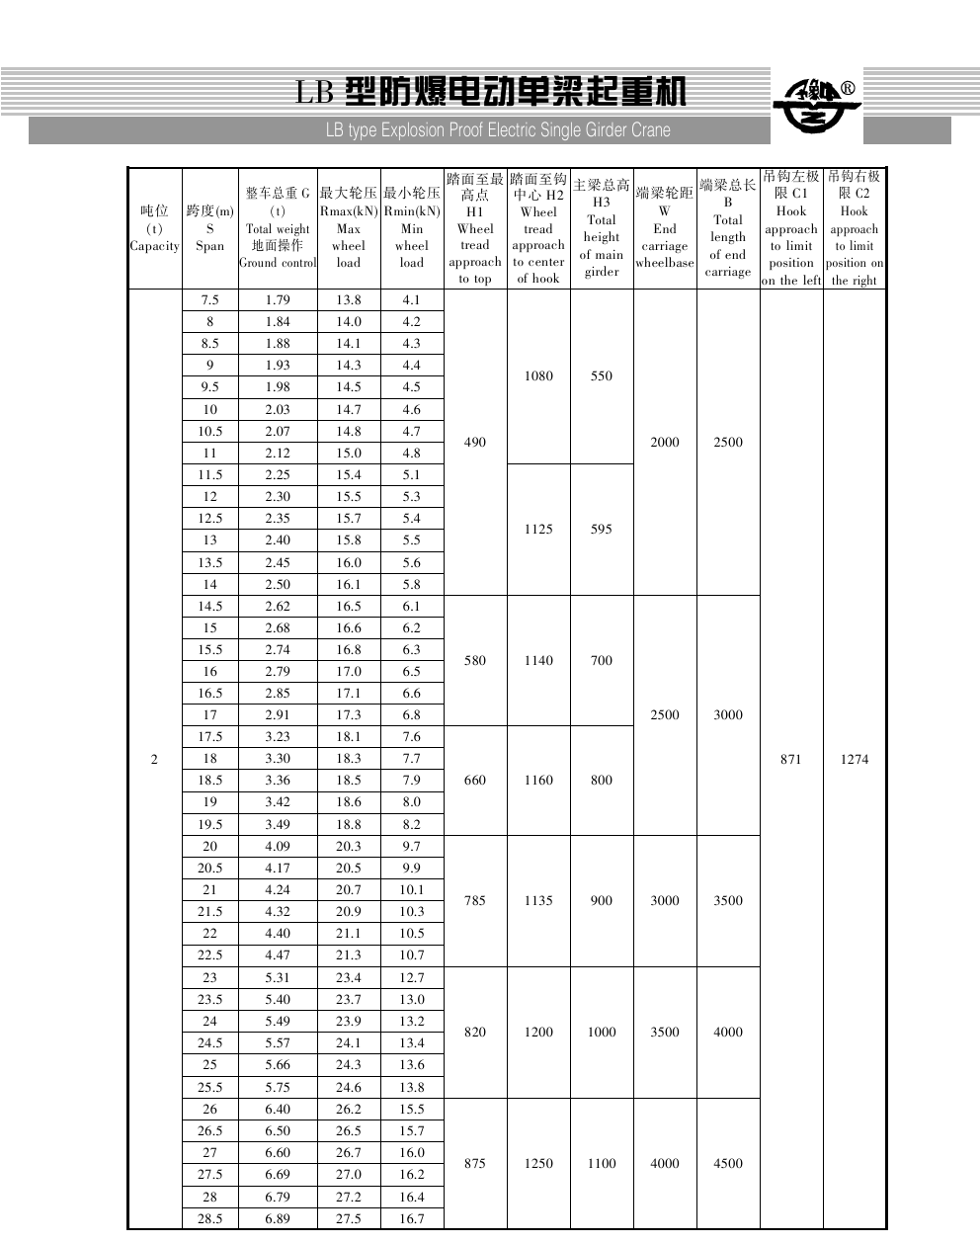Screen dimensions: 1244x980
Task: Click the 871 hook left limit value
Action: pyautogui.click(x=790, y=759)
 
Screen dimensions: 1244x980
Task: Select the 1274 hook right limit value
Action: pyautogui.click(x=854, y=759)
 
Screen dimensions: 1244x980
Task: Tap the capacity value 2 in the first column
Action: pyautogui.click(x=154, y=759)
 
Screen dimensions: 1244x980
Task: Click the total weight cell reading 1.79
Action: pyautogui.click(x=278, y=300)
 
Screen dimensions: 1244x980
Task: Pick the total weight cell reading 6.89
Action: pyautogui.click(x=278, y=1218)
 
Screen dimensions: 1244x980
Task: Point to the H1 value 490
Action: pyautogui.click(x=475, y=443)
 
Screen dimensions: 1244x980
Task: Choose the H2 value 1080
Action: pyautogui.click(x=538, y=376)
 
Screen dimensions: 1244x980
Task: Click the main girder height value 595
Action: pyautogui.click(x=602, y=530)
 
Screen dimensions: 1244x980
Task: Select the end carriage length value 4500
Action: pyautogui.click(x=728, y=1164)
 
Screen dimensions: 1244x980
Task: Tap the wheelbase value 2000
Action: pyautogui.click(x=665, y=443)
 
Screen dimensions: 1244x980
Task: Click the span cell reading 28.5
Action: pyautogui.click(x=210, y=1218)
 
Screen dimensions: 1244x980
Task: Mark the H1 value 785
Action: pyautogui.click(x=475, y=901)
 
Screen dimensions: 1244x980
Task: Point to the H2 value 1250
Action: pyautogui.click(x=538, y=1164)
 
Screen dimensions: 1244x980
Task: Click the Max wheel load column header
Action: pyautogui.click(x=349, y=228)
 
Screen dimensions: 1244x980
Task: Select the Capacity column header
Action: pyautogui.click(x=154, y=228)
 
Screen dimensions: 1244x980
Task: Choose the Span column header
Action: pyautogui.click(x=210, y=228)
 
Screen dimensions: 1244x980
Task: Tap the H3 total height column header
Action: pyautogui.click(x=602, y=228)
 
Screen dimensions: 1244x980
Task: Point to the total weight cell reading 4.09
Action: pyautogui.click(x=278, y=847)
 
